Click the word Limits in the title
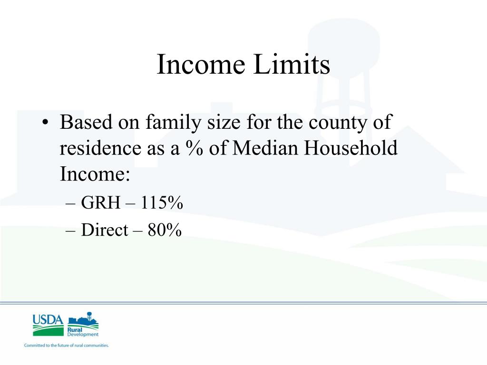pyautogui.click(x=292, y=64)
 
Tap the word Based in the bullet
pyautogui.click(x=86, y=122)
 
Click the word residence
pyautogui.click(x=100, y=148)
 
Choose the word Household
pyautogui.click(x=351, y=148)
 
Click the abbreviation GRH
pyautogui.click(x=101, y=202)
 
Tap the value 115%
pyautogui.click(x=162, y=202)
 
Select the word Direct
pyautogui.click(x=104, y=230)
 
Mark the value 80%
pyautogui.click(x=165, y=230)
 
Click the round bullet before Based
pyautogui.click(x=45, y=122)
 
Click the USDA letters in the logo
pyautogui.click(x=48, y=320)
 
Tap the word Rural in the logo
pyautogui.click(x=75, y=330)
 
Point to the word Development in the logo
pyautogui.click(x=83, y=334)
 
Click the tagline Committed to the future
pyautogui.click(x=67, y=345)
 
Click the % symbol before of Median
pyautogui.click(x=195, y=148)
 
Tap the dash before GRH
pyautogui.click(x=70, y=204)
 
